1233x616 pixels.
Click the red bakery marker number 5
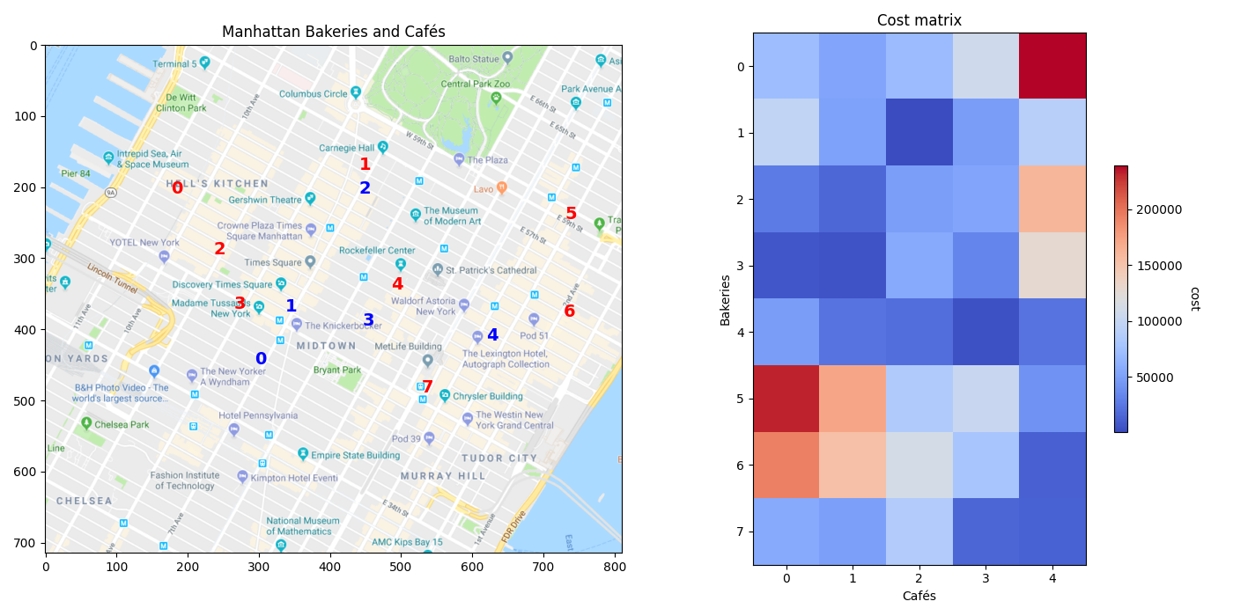(x=571, y=214)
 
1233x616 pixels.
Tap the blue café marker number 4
(x=492, y=335)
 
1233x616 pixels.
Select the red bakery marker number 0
(x=177, y=188)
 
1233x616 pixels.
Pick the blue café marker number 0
(x=261, y=359)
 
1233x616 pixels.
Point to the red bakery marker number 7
(x=427, y=387)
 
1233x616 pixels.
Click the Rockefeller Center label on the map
(x=376, y=251)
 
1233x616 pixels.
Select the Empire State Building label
(x=355, y=456)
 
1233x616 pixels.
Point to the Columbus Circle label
(x=314, y=94)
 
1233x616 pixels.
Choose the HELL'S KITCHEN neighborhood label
(x=218, y=184)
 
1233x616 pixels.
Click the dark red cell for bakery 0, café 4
(x=1052, y=66)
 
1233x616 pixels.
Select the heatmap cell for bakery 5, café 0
(x=786, y=399)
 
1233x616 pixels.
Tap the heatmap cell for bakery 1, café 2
(x=919, y=132)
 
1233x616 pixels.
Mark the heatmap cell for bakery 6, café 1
(x=853, y=465)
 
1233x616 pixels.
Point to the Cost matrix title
(x=919, y=20)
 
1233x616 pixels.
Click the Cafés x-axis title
(x=919, y=596)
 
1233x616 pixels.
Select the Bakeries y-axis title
(x=726, y=299)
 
